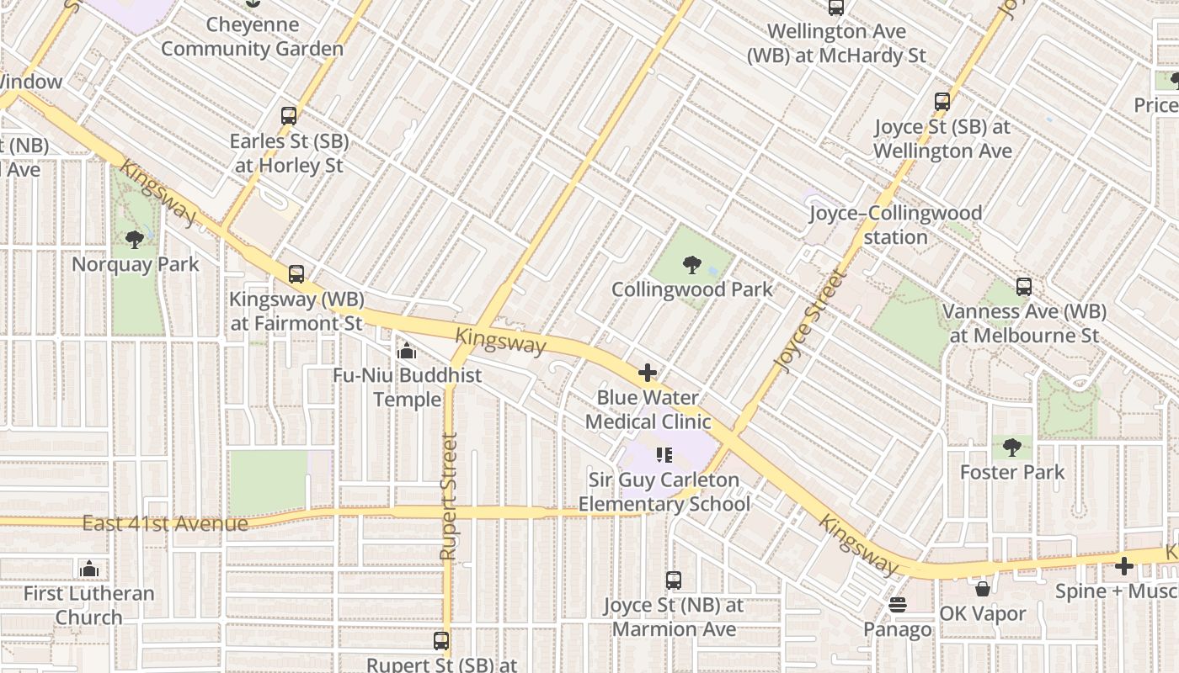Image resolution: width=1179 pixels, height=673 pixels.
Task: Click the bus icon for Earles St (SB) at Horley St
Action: coord(289,116)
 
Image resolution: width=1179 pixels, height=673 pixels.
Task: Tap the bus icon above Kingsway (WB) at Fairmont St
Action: coord(296,274)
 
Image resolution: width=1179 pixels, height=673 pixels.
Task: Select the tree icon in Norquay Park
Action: coord(134,240)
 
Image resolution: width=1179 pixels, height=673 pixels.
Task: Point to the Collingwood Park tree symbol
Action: coord(691,266)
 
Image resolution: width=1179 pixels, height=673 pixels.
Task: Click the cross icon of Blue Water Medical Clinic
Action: coord(648,373)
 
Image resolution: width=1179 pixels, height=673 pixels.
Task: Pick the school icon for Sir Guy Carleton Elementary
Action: coord(664,455)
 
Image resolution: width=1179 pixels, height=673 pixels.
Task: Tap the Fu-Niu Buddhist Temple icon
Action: coord(407,351)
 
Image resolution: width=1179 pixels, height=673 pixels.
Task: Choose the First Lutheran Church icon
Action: coord(88,570)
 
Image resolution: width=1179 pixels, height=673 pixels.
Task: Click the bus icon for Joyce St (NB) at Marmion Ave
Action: coord(673,580)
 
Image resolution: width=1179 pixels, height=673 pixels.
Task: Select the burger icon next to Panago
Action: coord(898,606)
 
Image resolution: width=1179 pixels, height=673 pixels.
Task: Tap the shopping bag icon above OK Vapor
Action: coord(982,589)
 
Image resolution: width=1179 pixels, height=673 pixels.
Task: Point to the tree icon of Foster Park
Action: coord(1012,448)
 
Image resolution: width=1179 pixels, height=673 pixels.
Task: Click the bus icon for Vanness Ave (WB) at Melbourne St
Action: coord(1023,287)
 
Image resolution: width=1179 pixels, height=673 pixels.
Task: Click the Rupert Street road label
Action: coord(448,496)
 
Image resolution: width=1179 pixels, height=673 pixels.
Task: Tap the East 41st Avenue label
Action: coord(165,524)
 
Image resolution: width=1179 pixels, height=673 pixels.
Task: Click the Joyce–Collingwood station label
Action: coord(895,225)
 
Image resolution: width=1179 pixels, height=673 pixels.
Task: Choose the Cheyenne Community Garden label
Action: coord(252,37)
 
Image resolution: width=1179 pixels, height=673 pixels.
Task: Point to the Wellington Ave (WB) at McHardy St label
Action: coord(836,44)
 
